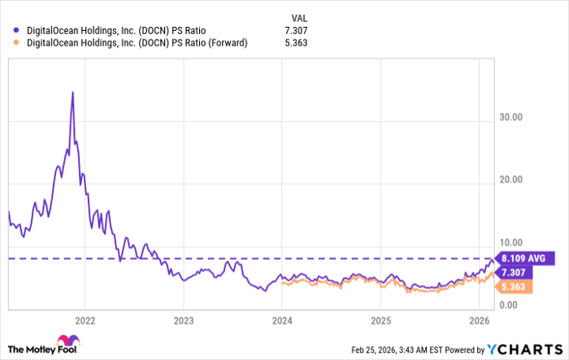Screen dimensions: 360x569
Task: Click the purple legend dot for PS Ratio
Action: (16, 30)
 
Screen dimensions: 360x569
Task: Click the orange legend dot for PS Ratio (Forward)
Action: (16, 43)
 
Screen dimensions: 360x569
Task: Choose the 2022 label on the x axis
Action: (85, 319)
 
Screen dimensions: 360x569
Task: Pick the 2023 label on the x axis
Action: (184, 319)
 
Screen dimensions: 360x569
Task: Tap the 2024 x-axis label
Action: (282, 319)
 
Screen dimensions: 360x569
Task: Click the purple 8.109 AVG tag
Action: (525, 258)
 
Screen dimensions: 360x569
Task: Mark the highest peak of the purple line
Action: (72, 92)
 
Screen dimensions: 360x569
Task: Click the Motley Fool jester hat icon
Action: (64, 341)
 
